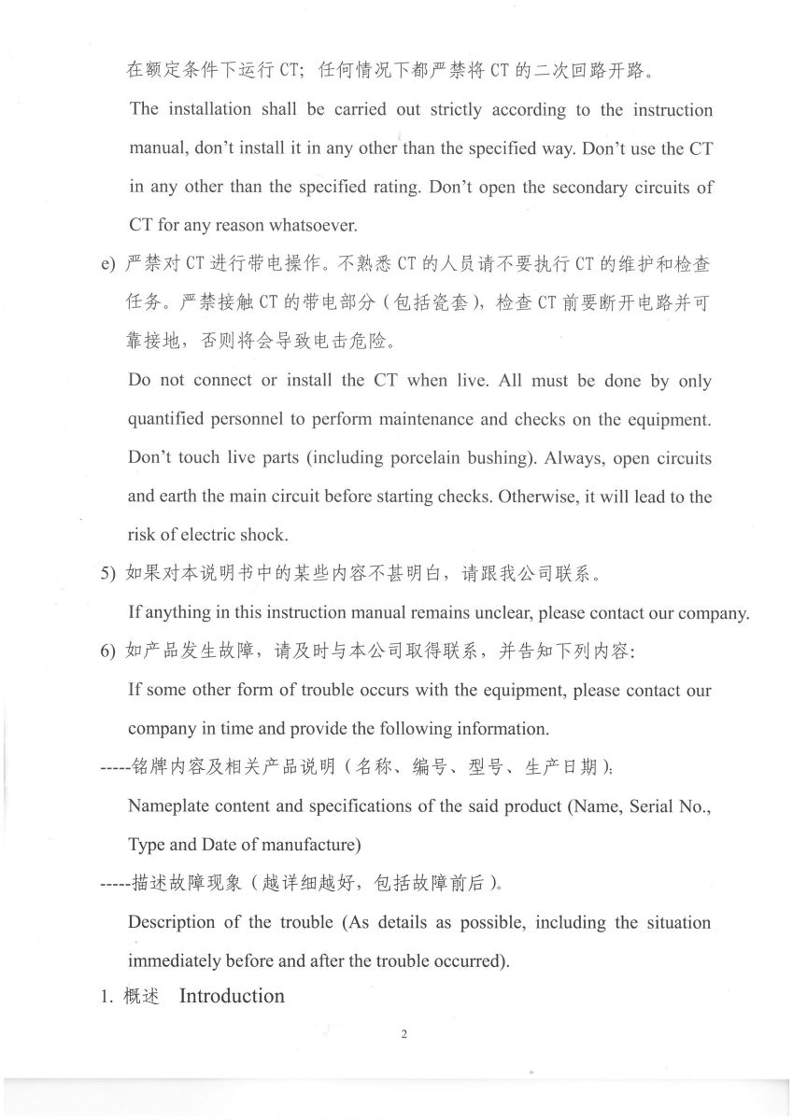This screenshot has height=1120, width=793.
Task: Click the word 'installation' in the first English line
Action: point(210,110)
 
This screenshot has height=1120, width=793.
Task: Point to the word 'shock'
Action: point(265,535)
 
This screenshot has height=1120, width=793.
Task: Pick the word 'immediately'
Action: point(175,960)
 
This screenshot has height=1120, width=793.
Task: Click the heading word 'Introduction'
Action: point(232,996)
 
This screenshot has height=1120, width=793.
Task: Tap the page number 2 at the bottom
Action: point(404,1034)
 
